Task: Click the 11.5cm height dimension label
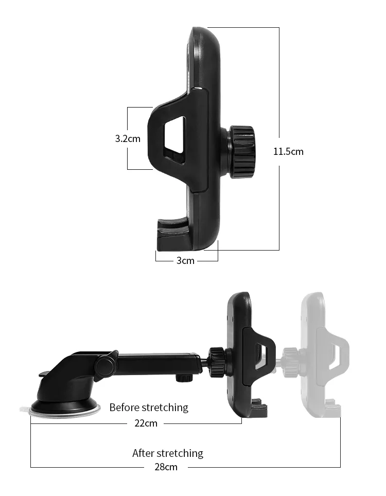(288, 151)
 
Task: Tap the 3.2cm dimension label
(128, 138)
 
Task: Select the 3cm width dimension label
(185, 260)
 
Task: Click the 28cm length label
(166, 467)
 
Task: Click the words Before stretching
(149, 408)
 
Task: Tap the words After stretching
(168, 453)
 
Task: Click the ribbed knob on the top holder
(241, 152)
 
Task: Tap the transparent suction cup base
(65, 410)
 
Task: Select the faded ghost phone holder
(322, 355)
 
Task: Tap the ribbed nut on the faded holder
(291, 355)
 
